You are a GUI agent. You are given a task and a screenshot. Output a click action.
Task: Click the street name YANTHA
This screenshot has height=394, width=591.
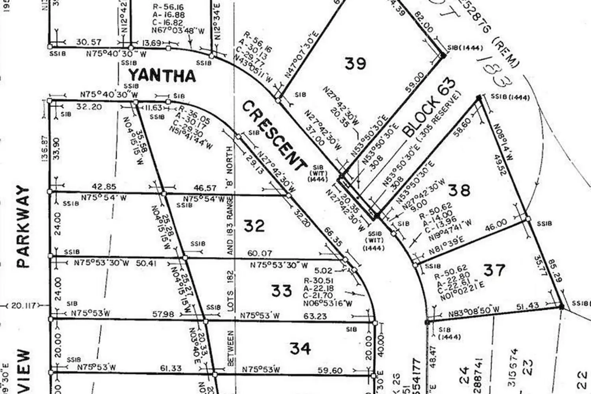coord(162,75)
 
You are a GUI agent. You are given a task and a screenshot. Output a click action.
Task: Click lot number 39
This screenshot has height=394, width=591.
coord(355,63)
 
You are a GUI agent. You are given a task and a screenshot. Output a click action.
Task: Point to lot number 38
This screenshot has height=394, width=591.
coord(459,191)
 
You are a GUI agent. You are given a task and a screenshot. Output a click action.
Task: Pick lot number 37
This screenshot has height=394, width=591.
coord(494,270)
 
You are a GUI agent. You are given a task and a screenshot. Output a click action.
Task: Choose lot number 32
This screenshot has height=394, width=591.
coord(254,226)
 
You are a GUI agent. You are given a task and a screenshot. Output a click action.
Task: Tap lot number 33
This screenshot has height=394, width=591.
coord(282,291)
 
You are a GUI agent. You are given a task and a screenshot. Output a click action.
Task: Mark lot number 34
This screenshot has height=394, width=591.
coord(300,348)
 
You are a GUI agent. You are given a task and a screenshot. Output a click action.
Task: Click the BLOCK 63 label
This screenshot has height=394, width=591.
coord(430,107)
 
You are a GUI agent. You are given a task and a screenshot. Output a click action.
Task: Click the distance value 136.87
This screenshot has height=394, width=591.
coord(44,149)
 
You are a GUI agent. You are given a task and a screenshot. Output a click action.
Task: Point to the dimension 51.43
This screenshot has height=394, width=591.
coord(527,306)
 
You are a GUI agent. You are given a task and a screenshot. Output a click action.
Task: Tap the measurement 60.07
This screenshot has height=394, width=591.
coord(259,253)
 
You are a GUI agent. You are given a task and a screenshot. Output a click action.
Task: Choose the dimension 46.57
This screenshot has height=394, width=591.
coord(205,188)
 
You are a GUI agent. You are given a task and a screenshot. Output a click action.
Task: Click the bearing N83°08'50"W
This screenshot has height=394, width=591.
coord(474,312)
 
